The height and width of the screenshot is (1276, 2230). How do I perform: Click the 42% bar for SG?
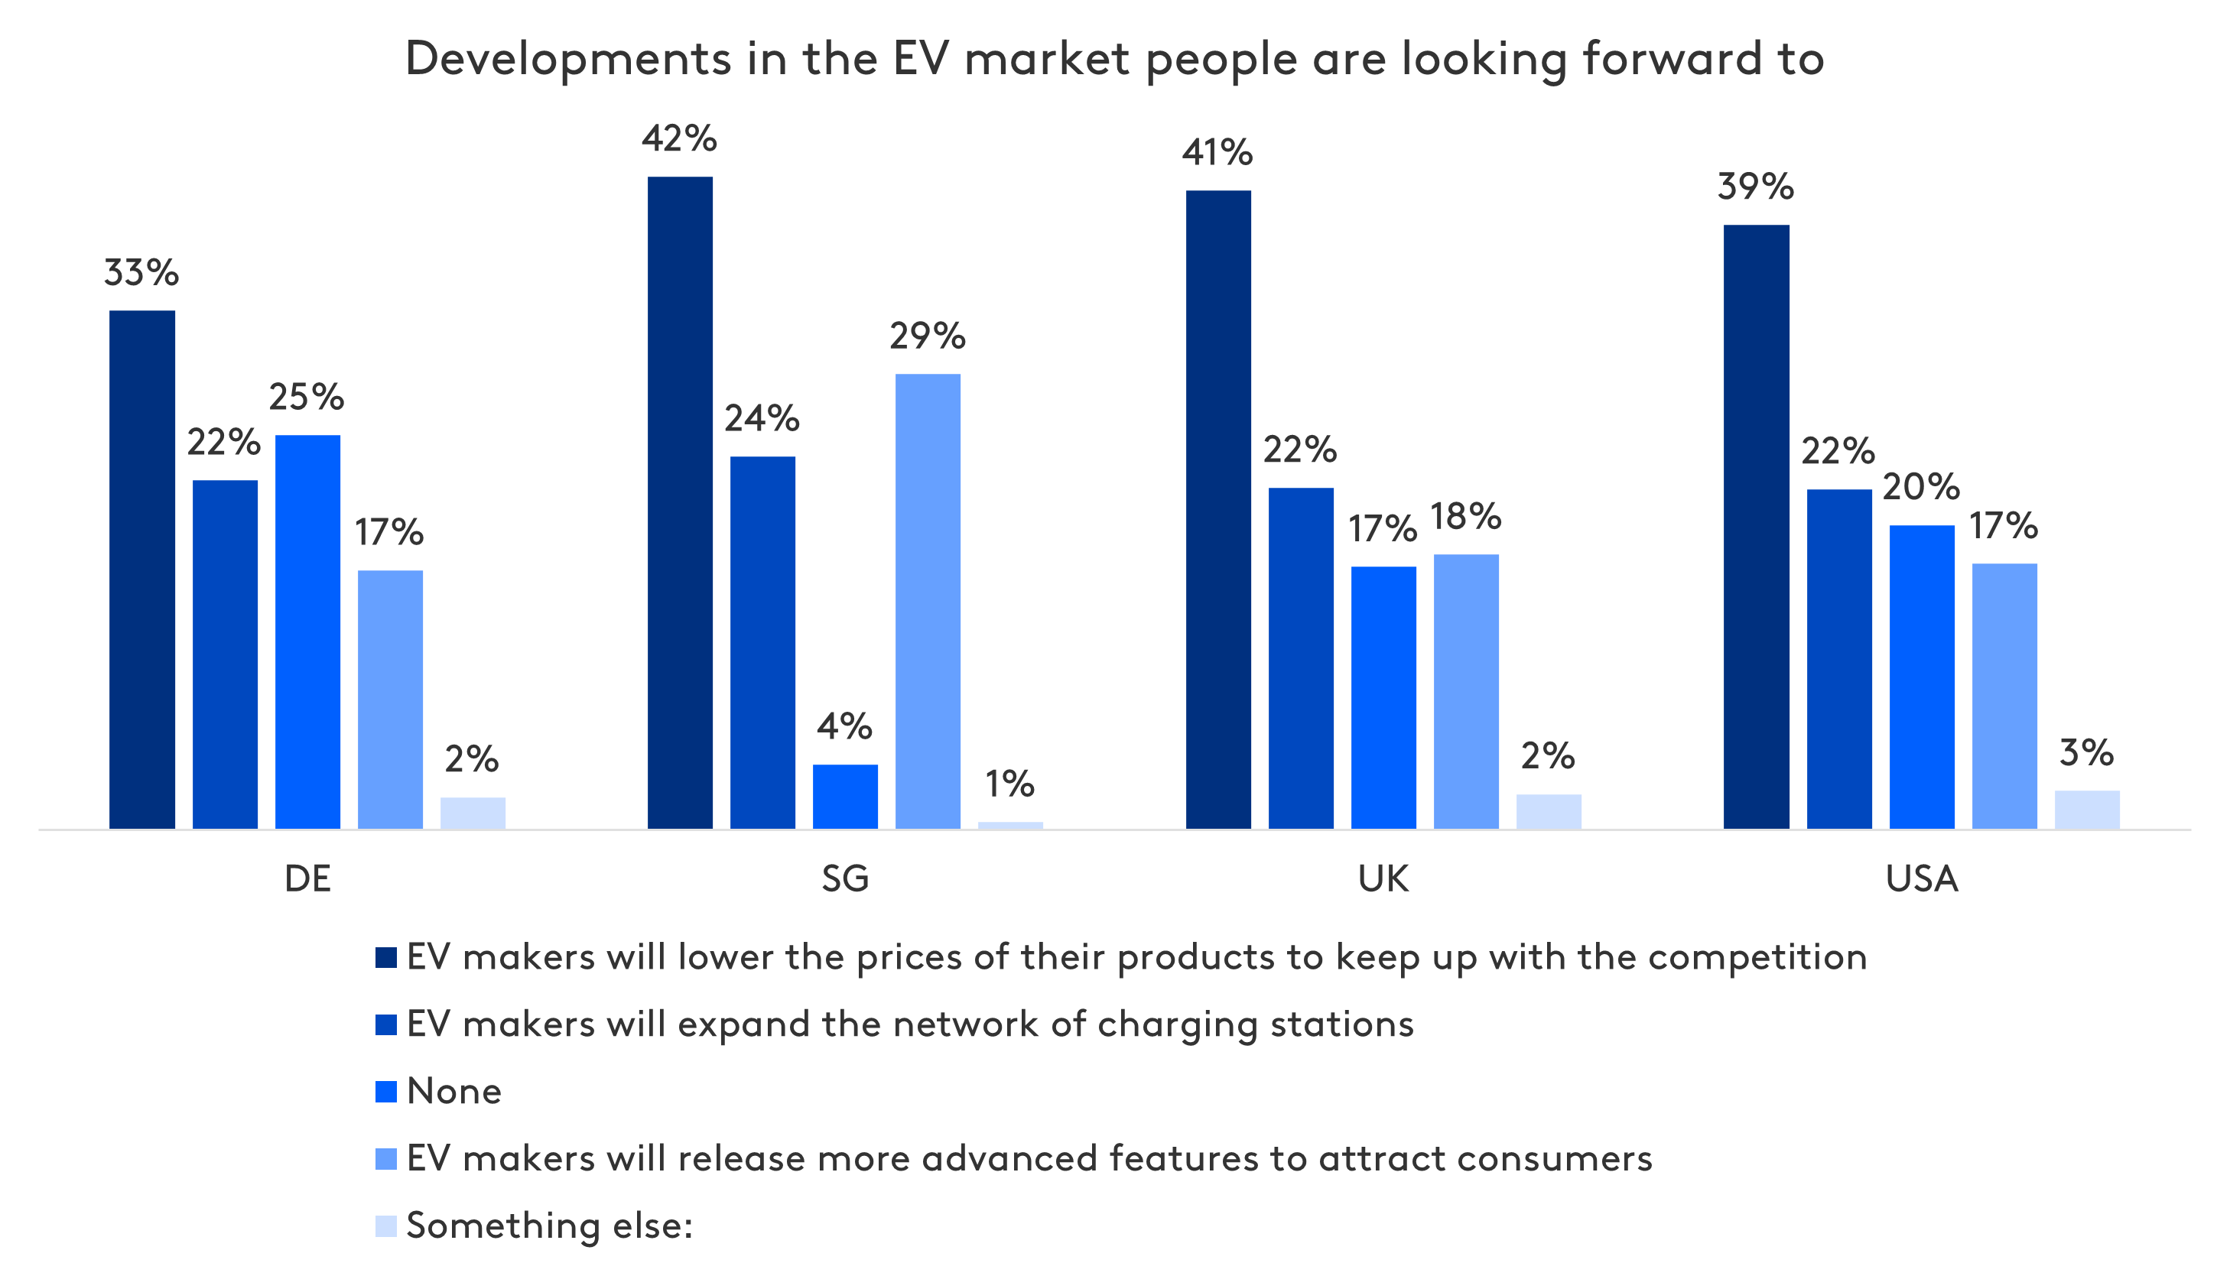pyautogui.click(x=680, y=502)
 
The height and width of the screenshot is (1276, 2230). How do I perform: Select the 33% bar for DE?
pyautogui.click(x=142, y=570)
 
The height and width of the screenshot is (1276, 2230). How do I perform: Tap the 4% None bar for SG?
pyautogui.click(x=845, y=796)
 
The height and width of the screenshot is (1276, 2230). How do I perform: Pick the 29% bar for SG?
pyautogui.click(x=928, y=601)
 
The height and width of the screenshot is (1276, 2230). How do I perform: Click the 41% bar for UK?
pyautogui.click(x=1218, y=509)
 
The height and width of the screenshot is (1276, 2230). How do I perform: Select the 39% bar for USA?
pyautogui.click(x=1757, y=526)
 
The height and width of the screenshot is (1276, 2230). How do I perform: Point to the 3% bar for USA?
pyautogui.click(x=2087, y=809)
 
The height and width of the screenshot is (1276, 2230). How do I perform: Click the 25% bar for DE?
pyautogui.click(x=307, y=631)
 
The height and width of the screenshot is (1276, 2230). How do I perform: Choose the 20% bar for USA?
pyautogui.click(x=1922, y=677)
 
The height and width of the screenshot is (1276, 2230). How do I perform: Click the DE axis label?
pyautogui.click(x=307, y=878)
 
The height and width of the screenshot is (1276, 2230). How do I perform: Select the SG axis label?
pyautogui.click(x=845, y=878)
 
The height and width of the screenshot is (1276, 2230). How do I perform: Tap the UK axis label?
pyautogui.click(x=1383, y=878)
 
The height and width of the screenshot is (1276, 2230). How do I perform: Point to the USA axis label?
pyautogui.click(x=1922, y=878)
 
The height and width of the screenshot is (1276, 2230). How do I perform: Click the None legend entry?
pyautogui.click(x=453, y=1092)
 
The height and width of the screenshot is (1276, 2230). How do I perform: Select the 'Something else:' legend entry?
pyautogui.click(x=549, y=1226)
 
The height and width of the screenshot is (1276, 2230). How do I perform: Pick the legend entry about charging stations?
pyautogui.click(x=909, y=1024)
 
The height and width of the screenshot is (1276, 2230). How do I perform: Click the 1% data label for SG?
pyautogui.click(x=1009, y=784)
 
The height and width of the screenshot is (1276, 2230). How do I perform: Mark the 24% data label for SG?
pyautogui.click(x=762, y=419)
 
